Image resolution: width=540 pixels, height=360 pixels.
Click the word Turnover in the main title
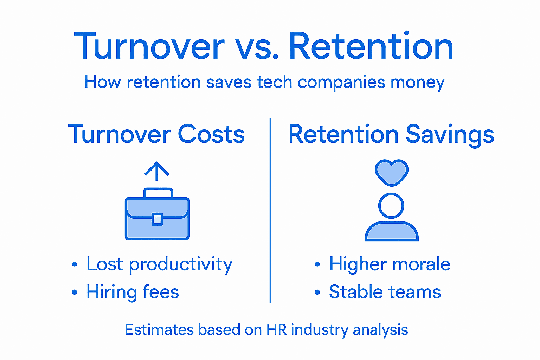click(149, 47)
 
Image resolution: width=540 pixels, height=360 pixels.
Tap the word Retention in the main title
click(371, 47)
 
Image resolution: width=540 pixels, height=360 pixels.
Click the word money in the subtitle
click(417, 83)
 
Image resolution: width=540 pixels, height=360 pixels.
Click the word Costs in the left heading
click(211, 134)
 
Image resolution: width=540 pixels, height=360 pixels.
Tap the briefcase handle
click(158, 192)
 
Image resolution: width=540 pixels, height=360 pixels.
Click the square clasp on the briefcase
click(157, 219)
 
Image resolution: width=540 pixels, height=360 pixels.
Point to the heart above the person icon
click(391, 172)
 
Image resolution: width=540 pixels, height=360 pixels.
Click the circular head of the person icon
click(391, 206)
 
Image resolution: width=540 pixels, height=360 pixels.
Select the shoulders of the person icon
click(391, 232)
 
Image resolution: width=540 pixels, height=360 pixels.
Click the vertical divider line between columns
click(270, 211)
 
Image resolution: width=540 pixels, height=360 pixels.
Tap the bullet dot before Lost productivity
click(74, 264)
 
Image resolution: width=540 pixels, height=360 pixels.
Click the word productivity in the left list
click(180, 265)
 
